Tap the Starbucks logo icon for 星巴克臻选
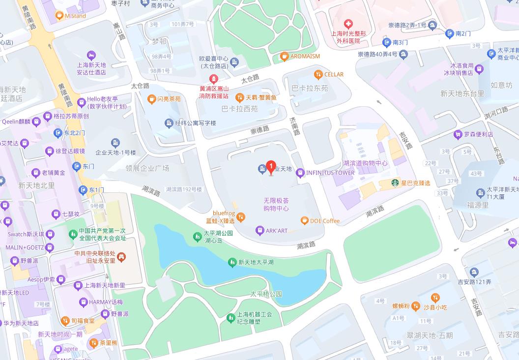click(x=394, y=183)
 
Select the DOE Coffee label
click(x=324, y=221)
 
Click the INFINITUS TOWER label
click(x=330, y=173)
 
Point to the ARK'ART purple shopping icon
click(x=259, y=230)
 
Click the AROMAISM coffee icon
click(x=284, y=57)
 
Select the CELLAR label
click(x=334, y=74)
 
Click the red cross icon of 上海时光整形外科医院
click(x=348, y=24)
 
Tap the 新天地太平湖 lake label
click(x=256, y=263)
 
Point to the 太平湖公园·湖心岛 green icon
click(x=197, y=237)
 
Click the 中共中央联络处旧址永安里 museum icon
click(x=122, y=256)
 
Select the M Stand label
click(x=75, y=16)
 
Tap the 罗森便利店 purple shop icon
click(x=459, y=134)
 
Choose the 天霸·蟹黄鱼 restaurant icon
click(x=239, y=97)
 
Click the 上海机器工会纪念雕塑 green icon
click(x=230, y=318)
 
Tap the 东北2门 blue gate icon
click(x=58, y=133)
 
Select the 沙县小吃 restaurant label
click(x=435, y=307)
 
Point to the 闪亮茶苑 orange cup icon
click(x=151, y=99)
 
